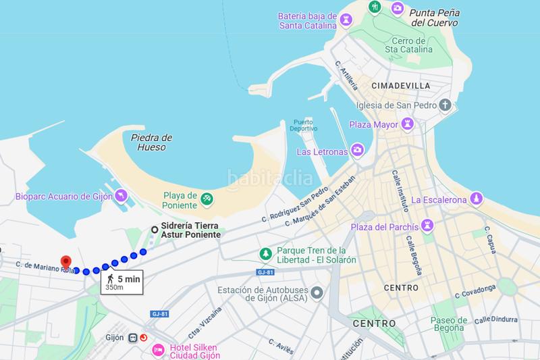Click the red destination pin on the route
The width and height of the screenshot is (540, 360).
[x=65, y=262]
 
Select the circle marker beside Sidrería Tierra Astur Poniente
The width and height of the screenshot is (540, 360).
[x=155, y=230]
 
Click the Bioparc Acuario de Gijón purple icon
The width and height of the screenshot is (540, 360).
[x=119, y=197]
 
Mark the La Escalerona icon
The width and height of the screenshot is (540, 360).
[x=476, y=199]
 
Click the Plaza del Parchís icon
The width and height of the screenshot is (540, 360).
[x=427, y=224]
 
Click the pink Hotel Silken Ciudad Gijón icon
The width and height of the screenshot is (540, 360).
[x=157, y=349]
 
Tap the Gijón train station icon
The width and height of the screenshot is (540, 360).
[x=134, y=337]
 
